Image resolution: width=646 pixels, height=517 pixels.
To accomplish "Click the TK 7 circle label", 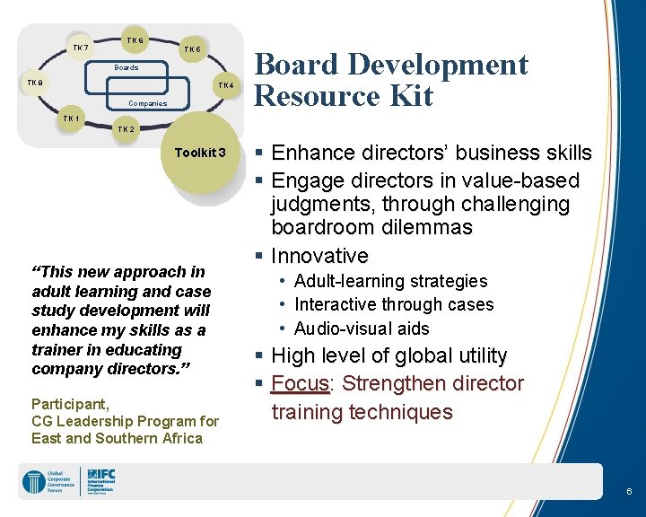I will [x=81, y=48].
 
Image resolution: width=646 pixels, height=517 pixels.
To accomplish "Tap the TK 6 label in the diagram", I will [x=135, y=40].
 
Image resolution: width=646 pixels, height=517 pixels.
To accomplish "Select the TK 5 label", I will [x=192, y=49].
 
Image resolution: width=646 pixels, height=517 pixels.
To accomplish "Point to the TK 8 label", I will [x=34, y=83].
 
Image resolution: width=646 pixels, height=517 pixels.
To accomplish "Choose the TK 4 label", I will [x=225, y=85].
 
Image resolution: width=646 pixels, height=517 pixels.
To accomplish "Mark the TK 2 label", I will [x=127, y=129].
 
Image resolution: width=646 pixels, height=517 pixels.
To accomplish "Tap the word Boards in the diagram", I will [x=127, y=67].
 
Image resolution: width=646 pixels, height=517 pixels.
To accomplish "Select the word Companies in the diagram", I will [x=147, y=103].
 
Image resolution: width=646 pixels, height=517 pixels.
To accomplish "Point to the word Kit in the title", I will [x=412, y=95].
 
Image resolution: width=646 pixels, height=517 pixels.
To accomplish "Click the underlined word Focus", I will [x=301, y=384].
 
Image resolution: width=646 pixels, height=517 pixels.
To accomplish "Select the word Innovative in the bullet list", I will [x=319, y=256].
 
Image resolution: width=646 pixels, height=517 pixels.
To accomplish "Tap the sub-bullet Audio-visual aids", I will [x=362, y=329].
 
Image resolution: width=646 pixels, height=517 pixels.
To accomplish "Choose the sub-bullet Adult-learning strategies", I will [x=390, y=282].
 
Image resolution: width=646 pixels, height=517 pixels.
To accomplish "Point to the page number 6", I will [x=629, y=492].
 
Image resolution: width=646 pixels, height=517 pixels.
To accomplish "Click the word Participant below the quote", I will [x=70, y=403].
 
